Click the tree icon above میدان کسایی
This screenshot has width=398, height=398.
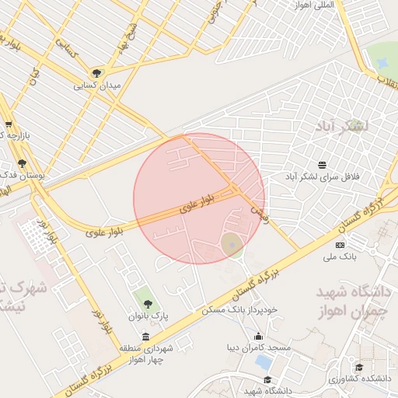[x=96, y=73]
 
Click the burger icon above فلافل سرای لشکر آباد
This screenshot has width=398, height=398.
[x=322, y=165]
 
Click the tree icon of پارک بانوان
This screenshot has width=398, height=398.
[x=148, y=304]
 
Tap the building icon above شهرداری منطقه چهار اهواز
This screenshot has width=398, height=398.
[x=146, y=336]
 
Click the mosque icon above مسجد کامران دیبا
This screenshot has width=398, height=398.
[x=259, y=336]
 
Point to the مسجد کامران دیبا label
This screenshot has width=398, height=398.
[x=259, y=347]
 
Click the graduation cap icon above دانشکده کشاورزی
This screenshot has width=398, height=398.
[x=358, y=367]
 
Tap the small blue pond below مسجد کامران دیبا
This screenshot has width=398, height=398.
[x=264, y=361]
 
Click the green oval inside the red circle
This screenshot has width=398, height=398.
[x=232, y=245]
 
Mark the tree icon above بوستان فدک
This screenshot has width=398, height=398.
[x=22, y=164]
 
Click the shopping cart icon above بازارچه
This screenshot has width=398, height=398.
[x=9, y=124]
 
